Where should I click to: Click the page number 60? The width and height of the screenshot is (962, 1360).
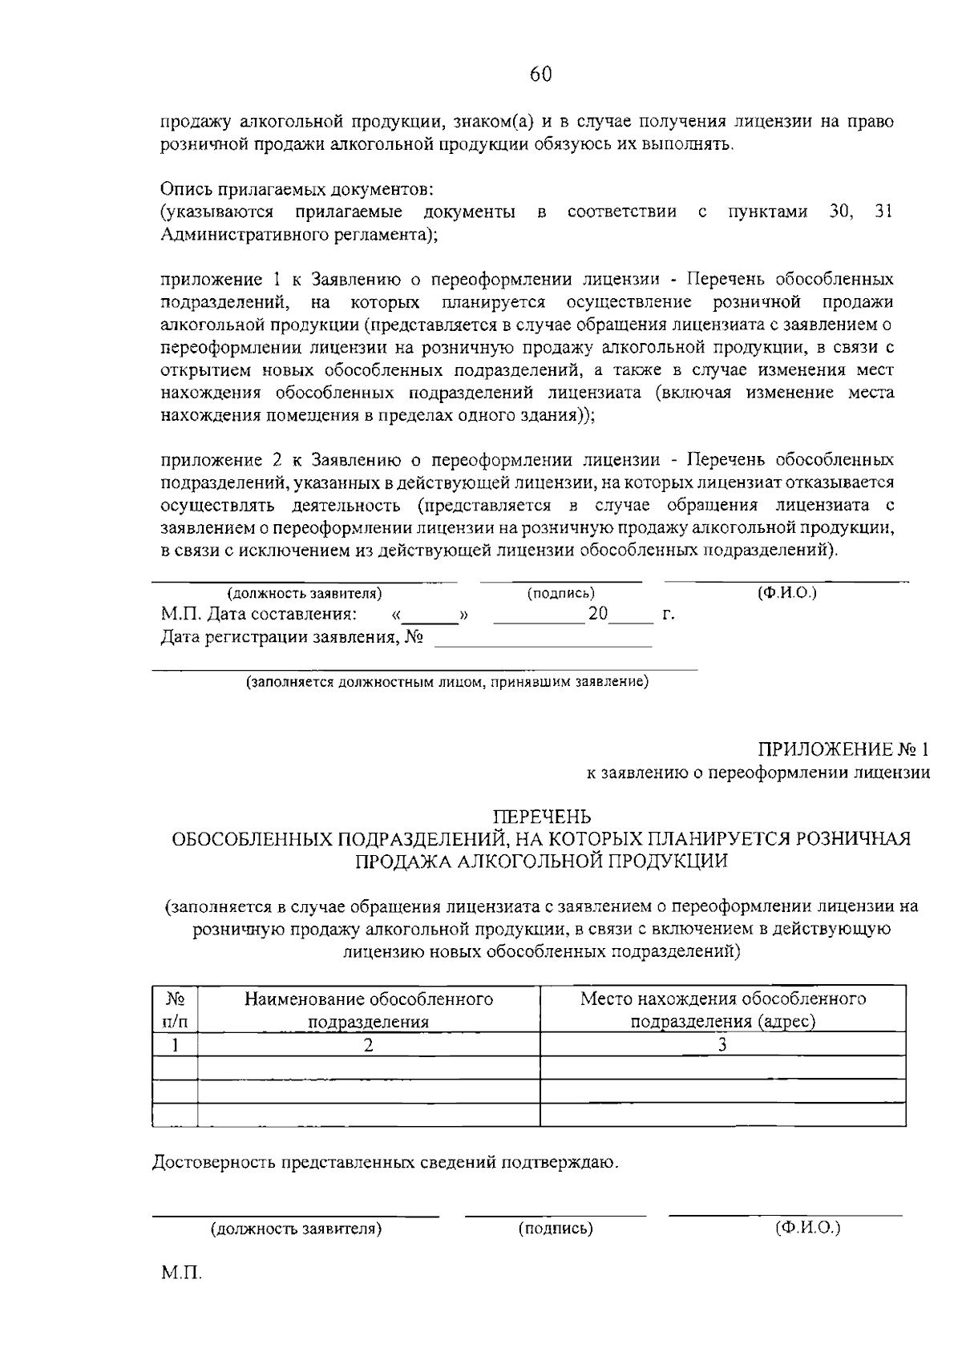click(540, 74)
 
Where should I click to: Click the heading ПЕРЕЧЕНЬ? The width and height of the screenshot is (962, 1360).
click(541, 817)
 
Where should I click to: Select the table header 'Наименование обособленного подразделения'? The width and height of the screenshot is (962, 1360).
click(369, 1010)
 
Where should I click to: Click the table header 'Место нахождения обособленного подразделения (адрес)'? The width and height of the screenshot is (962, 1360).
click(722, 1010)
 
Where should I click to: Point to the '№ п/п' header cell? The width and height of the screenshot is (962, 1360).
click(175, 1010)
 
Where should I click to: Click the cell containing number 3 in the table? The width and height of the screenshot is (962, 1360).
click(722, 1044)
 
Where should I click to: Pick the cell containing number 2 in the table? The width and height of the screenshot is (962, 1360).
click(369, 1045)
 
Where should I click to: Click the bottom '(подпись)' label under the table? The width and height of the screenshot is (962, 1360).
click(556, 1229)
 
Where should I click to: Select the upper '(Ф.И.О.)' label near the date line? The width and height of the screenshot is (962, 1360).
click(786, 593)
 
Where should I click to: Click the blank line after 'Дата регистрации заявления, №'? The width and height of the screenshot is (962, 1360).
click(543, 640)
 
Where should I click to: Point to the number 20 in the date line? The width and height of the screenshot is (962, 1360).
click(597, 615)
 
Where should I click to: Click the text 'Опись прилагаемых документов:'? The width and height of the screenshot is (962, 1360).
click(297, 189)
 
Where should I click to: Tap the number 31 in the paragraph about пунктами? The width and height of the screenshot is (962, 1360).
click(882, 212)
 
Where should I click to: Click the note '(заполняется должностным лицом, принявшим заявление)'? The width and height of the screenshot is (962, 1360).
click(447, 683)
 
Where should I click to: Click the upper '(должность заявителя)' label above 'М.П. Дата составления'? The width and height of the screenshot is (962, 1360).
click(304, 594)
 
